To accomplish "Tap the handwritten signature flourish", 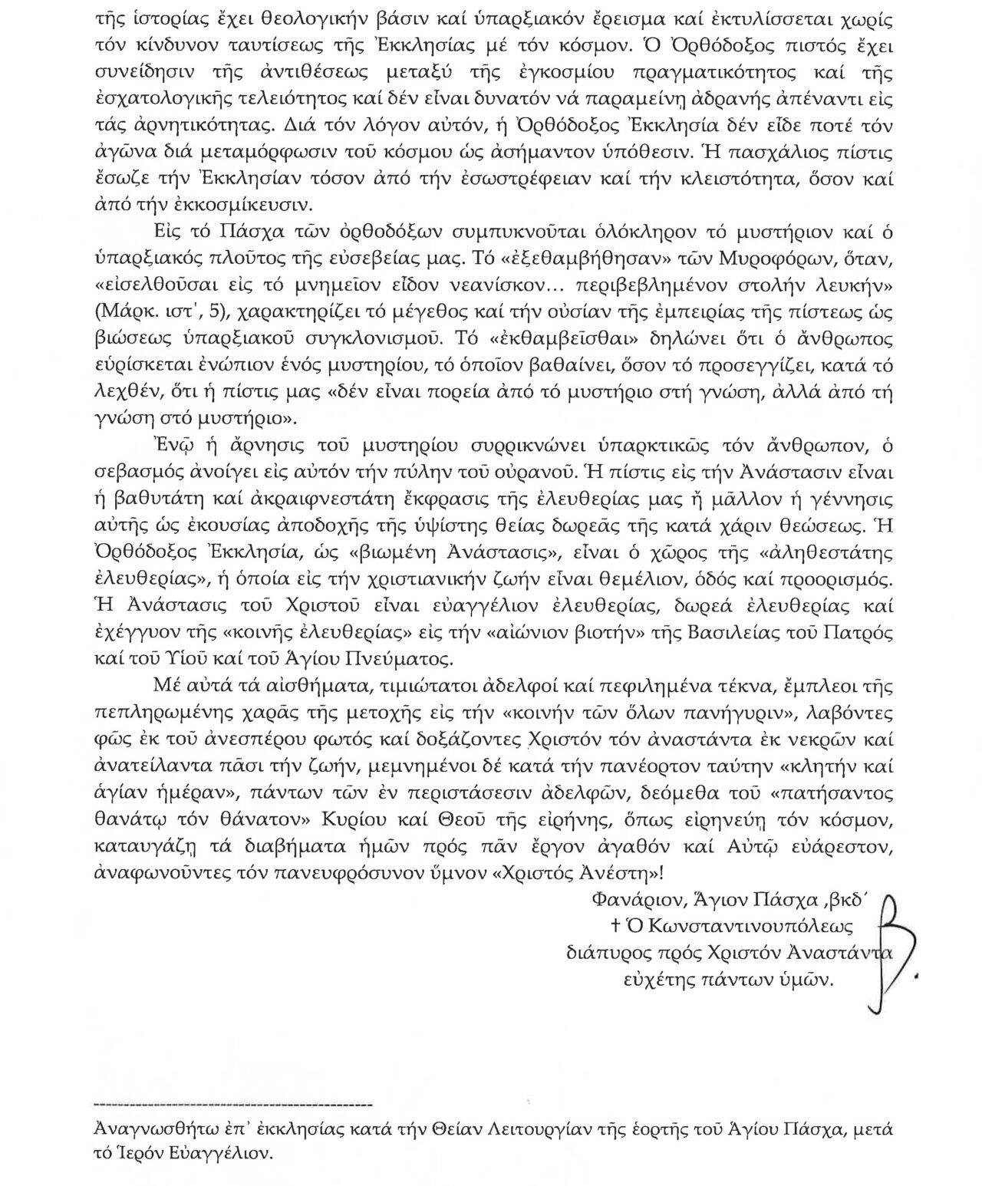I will (x=894, y=951).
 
